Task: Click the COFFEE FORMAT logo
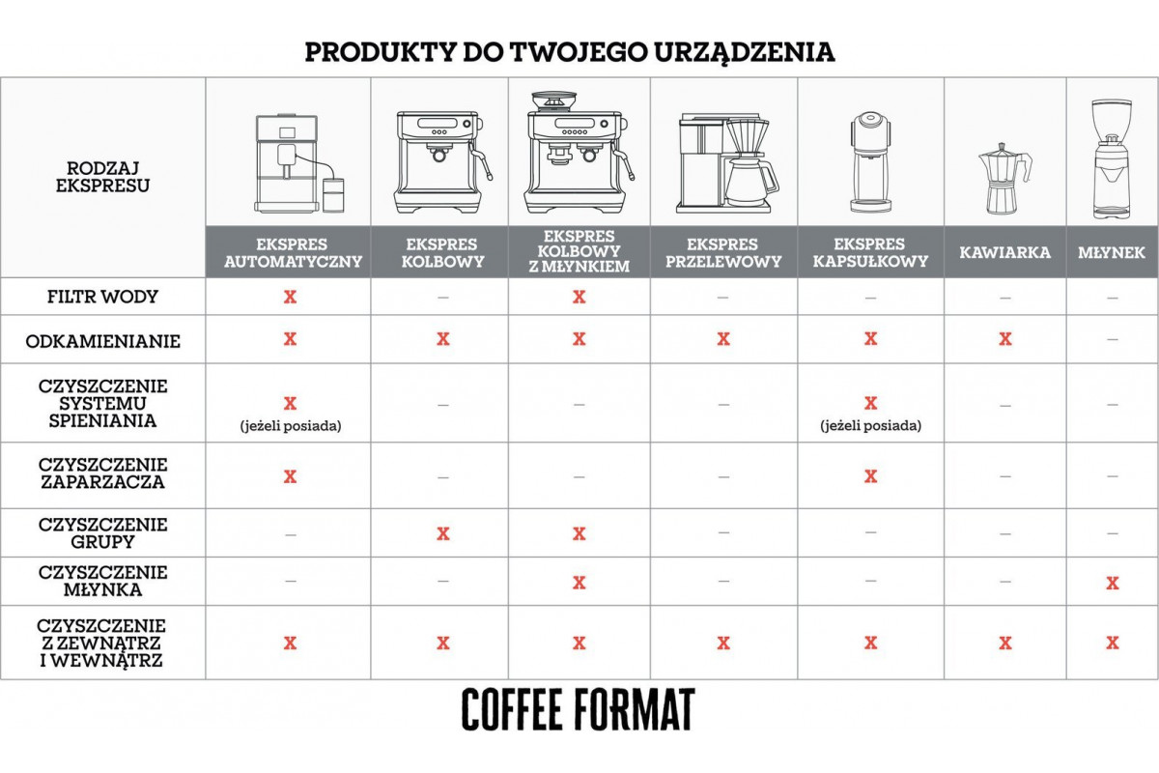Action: pyautogui.click(x=578, y=709)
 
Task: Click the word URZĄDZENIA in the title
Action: pyautogui.click(x=745, y=53)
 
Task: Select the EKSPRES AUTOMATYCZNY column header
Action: pyautogui.click(x=293, y=252)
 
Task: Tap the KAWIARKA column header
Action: pyautogui.click(x=1004, y=252)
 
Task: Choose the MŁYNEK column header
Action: pyautogui.click(x=1112, y=252)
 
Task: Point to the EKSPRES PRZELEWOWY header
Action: pyautogui.click(x=723, y=252)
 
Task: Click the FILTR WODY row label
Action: pyautogui.click(x=102, y=297)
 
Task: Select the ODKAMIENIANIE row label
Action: pyautogui.click(x=102, y=341)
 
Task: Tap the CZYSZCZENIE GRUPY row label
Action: pyautogui.click(x=102, y=532)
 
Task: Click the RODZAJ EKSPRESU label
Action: pyautogui.click(x=102, y=177)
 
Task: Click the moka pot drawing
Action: pyautogui.click(x=1004, y=179)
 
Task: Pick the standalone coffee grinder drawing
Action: pyautogui.click(x=1112, y=158)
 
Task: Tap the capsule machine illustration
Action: pyautogui.click(x=870, y=162)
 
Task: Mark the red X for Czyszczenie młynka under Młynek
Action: pyautogui.click(x=1113, y=583)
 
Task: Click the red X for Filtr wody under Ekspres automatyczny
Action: pyautogui.click(x=291, y=297)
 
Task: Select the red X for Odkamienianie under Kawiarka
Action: pyautogui.click(x=1005, y=339)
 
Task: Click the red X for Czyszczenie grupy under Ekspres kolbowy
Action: pyautogui.click(x=443, y=533)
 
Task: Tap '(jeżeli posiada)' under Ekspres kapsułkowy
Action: pyautogui.click(x=871, y=425)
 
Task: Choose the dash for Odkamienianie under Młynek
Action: pyautogui.click(x=1113, y=340)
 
